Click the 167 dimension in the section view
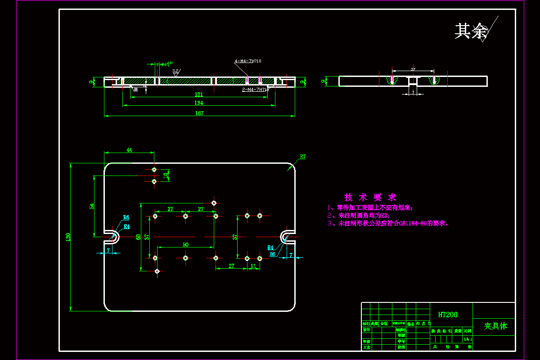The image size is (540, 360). [199, 113]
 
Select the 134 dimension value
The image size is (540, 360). [198, 103]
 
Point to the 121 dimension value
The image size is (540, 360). [198, 94]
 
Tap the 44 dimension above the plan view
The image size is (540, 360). [129, 150]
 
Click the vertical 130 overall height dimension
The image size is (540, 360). [68, 236]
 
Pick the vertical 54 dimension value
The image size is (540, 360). [92, 206]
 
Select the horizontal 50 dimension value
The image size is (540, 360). [185, 244]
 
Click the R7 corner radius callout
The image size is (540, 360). [302, 157]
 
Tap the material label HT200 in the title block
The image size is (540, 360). [447, 315]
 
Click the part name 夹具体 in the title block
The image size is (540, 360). [495, 326]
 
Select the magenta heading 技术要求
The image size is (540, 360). [370, 197]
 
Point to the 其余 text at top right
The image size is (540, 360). [471, 31]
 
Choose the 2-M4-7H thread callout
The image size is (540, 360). [255, 90]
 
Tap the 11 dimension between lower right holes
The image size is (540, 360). [253, 266]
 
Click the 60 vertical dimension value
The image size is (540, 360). [138, 237]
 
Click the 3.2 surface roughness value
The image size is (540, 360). [175, 71]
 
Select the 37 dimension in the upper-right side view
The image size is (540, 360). [413, 69]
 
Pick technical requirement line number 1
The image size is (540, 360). [370, 208]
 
